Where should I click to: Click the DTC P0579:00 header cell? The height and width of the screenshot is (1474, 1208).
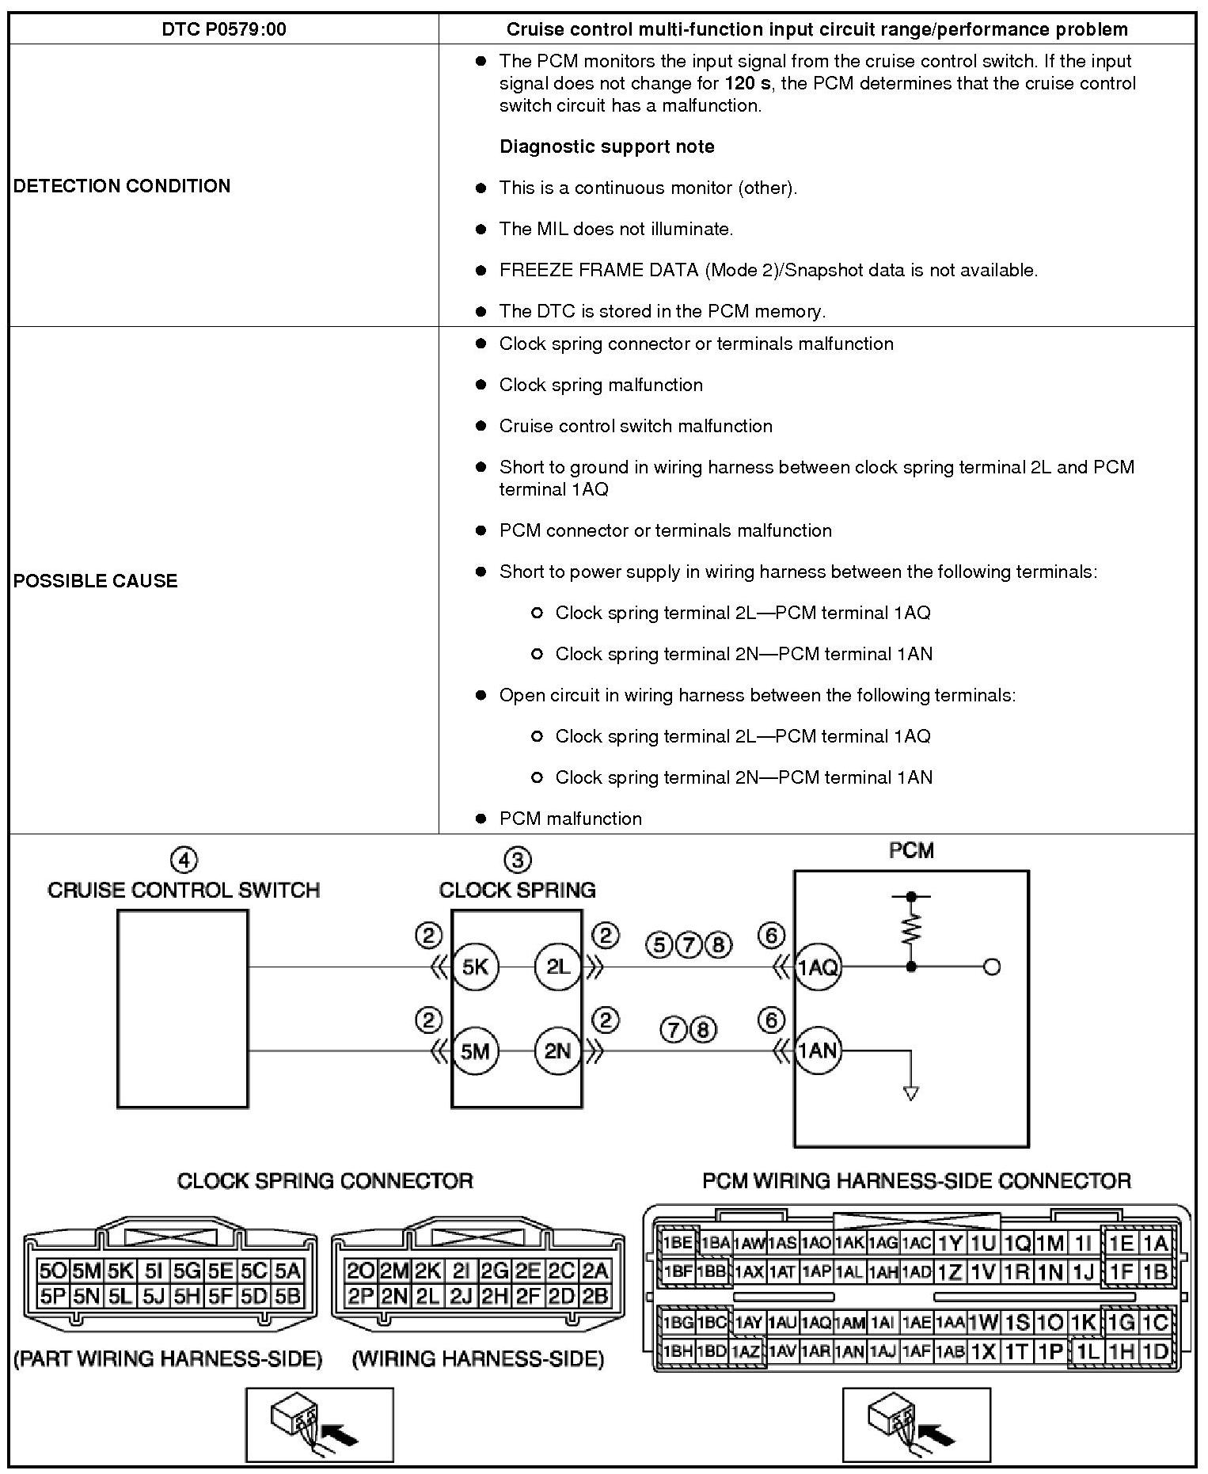pyautogui.click(x=223, y=30)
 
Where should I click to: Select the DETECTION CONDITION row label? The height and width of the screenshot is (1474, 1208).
pyautogui.click(x=122, y=186)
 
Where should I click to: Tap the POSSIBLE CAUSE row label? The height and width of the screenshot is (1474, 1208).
pyautogui.click(x=95, y=580)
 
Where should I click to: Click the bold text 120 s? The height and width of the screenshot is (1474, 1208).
pyautogui.click(x=746, y=83)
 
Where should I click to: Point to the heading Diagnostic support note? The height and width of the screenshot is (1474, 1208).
pyautogui.click(x=606, y=146)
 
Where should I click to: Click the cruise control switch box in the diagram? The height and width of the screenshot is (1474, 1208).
pyautogui.click(x=182, y=1009)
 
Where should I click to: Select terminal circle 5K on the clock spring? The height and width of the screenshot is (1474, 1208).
pyautogui.click(x=475, y=967)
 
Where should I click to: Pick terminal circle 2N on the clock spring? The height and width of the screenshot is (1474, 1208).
pyautogui.click(x=558, y=1050)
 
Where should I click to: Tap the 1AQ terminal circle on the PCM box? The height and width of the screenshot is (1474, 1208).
pyautogui.click(x=818, y=967)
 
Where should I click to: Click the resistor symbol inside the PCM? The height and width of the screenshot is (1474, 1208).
pyautogui.click(x=911, y=931)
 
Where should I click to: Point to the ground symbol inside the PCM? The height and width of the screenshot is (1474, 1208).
pyautogui.click(x=911, y=1093)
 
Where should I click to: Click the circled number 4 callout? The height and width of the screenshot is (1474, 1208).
pyautogui.click(x=184, y=860)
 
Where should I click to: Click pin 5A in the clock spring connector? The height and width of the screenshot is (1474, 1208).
pyautogui.click(x=288, y=1271)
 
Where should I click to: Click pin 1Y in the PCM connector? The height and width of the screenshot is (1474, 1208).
pyautogui.click(x=948, y=1243)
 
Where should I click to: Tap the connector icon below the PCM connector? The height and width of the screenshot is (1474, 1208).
pyautogui.click(x=916, y=1424)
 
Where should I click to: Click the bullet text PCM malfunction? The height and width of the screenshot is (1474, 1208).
pyautogui.click(x=570, y=819)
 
